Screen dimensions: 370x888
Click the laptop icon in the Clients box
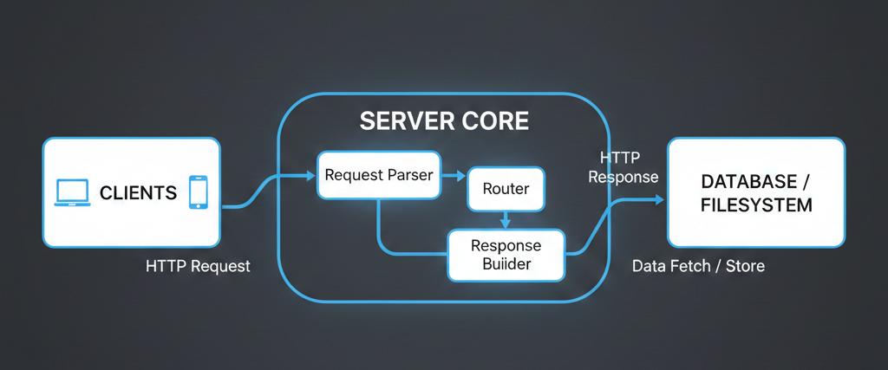(72, 192)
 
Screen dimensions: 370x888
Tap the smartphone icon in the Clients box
(199, 192)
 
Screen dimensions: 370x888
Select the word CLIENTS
(139, 192)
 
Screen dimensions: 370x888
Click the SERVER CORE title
(444, 121)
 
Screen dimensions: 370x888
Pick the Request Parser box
(379, 175)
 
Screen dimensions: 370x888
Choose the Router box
(506, 189)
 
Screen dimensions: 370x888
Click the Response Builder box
(506, 255)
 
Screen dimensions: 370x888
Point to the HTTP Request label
(198, 266)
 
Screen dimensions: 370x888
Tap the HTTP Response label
(623, 167)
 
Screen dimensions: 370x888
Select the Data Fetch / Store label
(698, 266)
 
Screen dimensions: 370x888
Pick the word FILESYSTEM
(757, 206)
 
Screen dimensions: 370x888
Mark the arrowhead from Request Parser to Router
(461, 176)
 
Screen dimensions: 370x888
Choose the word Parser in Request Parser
(410, 175)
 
